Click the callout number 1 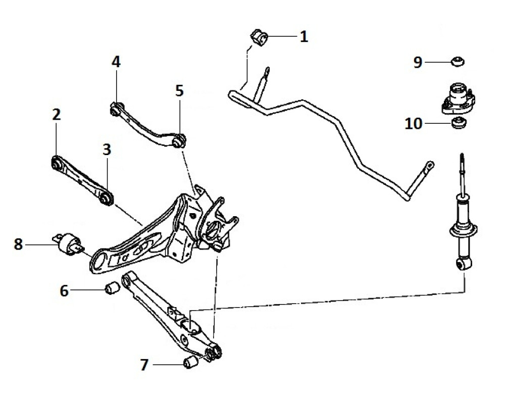(303, 36)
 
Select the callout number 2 (56, 114)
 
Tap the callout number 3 (106, 150)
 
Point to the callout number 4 (116, 62)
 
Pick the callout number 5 (179, 91)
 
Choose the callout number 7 (144, 365)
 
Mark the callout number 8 (19, 245)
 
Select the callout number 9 (418, 62)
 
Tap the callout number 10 (414, 123)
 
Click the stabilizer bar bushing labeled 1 (258, 38)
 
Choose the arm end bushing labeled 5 (179, 140)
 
